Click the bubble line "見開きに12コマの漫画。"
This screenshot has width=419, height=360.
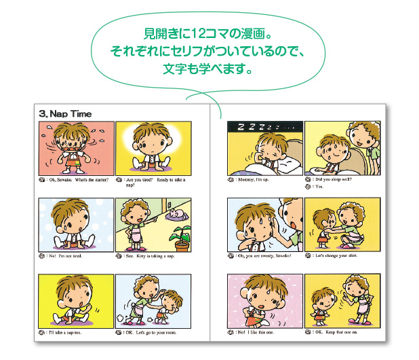click(x=208, y=33)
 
